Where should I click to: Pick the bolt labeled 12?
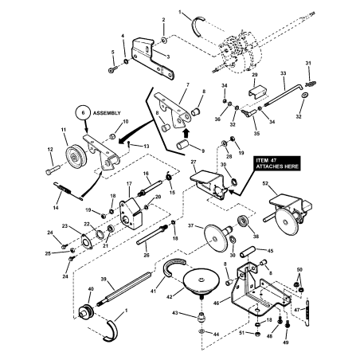54,168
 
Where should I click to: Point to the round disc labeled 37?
213,237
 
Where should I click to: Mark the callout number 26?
146,255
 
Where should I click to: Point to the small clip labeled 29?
256,91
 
